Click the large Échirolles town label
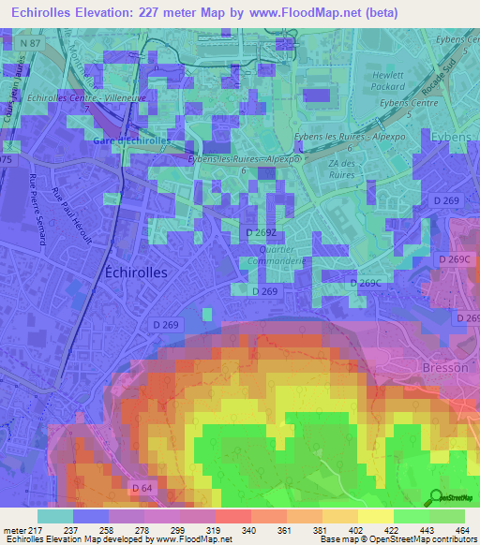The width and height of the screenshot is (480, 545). pyautogui.click(x=133, y=272)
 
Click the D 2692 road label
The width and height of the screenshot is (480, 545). pyautogui.click(x=262, y=232)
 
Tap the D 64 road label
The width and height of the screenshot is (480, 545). pyautogui.click(x=142, y=487)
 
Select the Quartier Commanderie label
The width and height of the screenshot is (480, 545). pyautogui.click(x=268, y=257)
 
